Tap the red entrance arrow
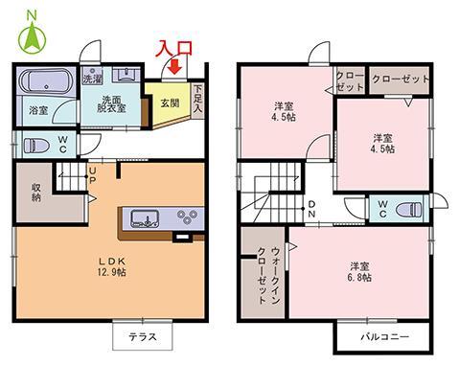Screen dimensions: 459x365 [x=175, y=66]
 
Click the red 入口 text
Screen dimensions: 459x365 [x=174, y=48]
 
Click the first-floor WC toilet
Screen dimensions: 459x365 [x=35, y=146]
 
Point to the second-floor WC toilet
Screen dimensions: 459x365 [x=408, y=210]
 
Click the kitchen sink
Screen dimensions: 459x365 [x=145, y=218]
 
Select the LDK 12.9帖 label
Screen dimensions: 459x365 [x=112, y=266]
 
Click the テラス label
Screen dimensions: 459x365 [x=143, y=337]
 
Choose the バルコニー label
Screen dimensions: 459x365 [x=384, y=336]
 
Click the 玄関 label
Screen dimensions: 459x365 [x=170, y=103]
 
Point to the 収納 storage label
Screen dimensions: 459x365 [x=36, y=192]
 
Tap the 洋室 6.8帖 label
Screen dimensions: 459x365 [x=359, y=272]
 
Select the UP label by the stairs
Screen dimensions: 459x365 [x=92, y=175]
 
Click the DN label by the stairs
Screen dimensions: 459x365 [x=311, y=209]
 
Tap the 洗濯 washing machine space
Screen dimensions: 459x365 [x=91, y=76]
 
